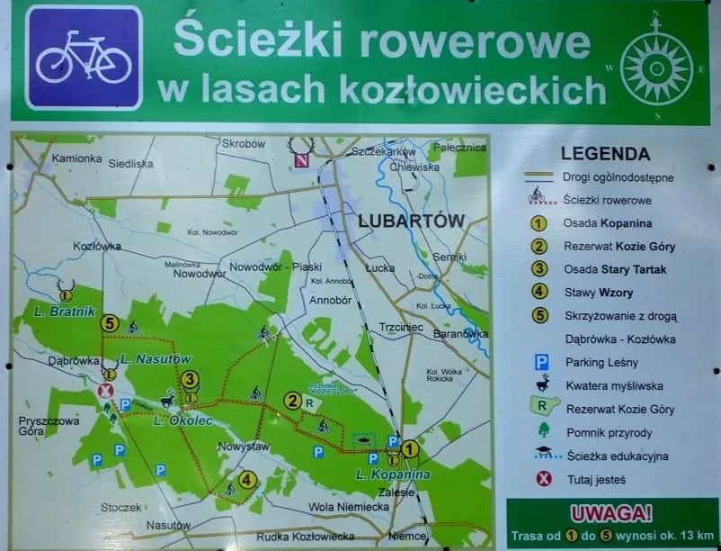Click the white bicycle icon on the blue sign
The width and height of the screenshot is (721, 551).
tap(84, 57)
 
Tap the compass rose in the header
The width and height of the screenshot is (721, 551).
tap(656, 65)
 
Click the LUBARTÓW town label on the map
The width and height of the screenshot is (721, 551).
tap(410, 221)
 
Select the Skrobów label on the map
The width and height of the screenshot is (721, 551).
tap(244, 144)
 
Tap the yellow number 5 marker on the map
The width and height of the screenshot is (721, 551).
tap(110, 322)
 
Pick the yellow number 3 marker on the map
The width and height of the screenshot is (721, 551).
tap(190, 380)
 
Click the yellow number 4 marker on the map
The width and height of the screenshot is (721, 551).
tap(247, 480)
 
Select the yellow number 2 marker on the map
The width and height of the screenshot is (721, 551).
tap(291, 401)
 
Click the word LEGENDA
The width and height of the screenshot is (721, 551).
tap(605, 154)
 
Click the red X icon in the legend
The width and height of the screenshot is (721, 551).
tap(543, 479)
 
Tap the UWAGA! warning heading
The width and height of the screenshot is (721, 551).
tap(611, 514)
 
